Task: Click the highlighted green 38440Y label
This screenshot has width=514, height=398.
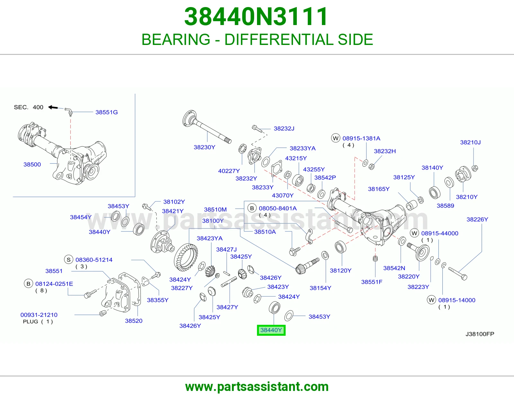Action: click(x=271, y=330)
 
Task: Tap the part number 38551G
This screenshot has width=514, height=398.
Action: click(x=106, y=112)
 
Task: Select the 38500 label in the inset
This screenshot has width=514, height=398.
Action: click(x=32, y=164)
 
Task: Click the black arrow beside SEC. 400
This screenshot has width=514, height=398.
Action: click(x=53, y=107)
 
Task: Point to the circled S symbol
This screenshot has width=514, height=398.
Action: click(x=69, y=260)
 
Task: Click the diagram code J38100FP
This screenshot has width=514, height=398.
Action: click(x=480, y=334)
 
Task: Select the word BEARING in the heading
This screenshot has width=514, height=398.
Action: click(x=176, y=39)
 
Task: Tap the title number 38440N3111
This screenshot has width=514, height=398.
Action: click(x=256, y=17)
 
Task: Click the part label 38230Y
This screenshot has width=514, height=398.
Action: click(x=204, y=147)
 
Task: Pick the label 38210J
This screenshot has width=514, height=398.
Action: click(x=470, y=142)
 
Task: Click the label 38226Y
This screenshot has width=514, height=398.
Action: click(x=477, y=219)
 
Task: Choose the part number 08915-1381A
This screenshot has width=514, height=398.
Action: click(x=361, y=138)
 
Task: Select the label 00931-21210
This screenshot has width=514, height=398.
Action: click(x=39, y=315)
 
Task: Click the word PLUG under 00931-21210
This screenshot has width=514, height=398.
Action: click(x=31, y=321)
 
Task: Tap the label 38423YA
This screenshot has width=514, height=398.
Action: click(x=209, y=238)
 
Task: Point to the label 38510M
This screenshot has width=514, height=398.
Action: click(x=215, y=209)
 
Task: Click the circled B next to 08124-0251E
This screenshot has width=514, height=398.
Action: click(x=28, y=284)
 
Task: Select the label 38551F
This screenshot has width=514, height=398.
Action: click(x=372, y=282)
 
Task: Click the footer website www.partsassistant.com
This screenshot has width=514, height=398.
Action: click(x=257, y=387)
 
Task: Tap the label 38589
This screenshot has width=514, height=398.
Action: click(x=445, y=206)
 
